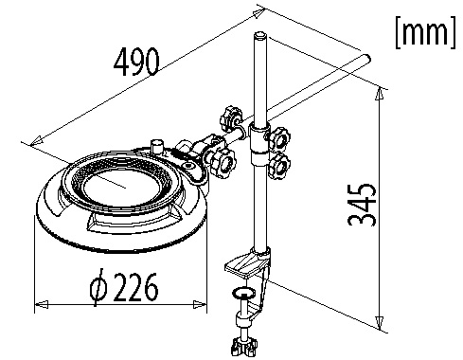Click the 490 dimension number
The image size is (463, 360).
(x=136, y=62)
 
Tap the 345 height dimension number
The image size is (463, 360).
(x=362, y=205)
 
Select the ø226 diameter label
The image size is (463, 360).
(x=124, y=287)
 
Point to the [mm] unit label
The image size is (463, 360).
(x=425, y=32)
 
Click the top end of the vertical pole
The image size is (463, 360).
(x=260, y=35)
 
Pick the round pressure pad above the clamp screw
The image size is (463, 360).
(x=243, y=293)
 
